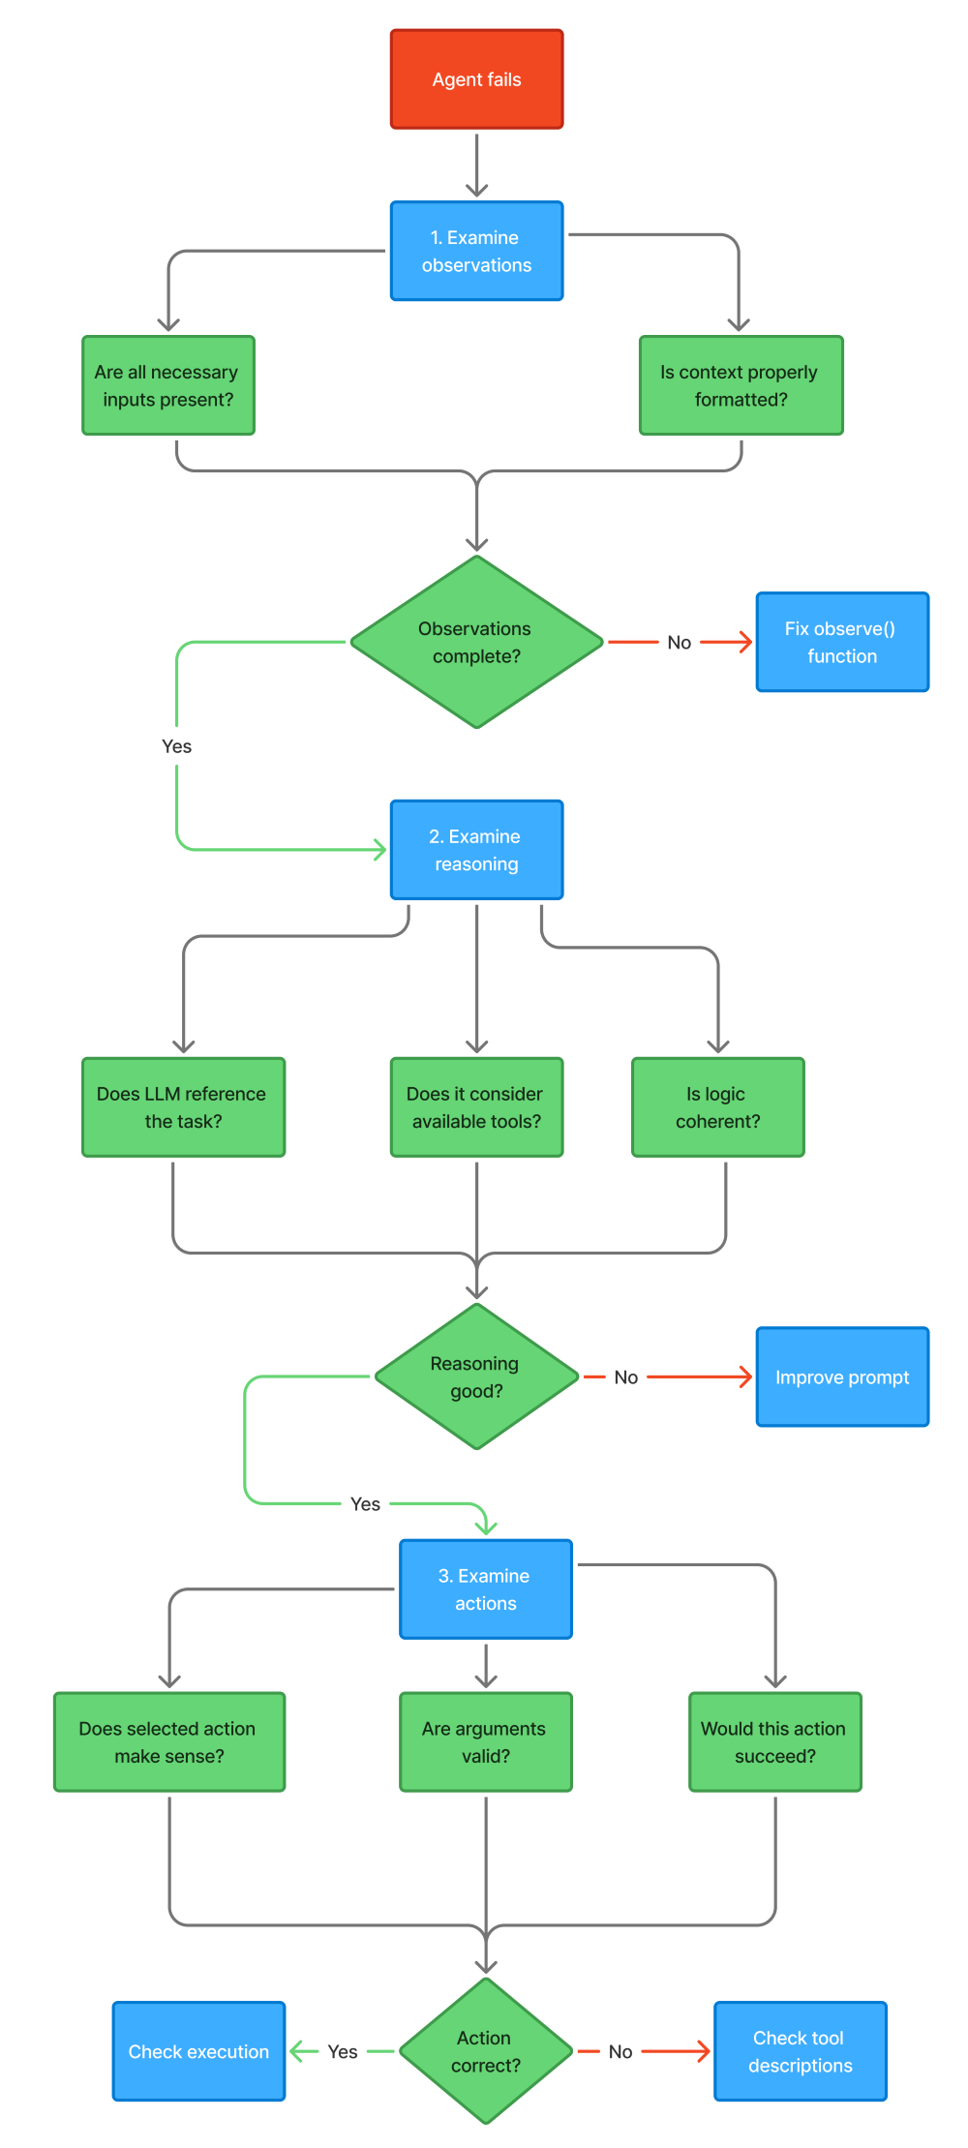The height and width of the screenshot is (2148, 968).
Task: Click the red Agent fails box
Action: [476, 79]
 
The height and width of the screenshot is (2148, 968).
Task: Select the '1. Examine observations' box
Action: [476, 251]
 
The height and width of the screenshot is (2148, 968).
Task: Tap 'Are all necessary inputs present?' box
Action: [168, 385]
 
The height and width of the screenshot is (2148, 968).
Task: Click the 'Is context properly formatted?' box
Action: [741, 385]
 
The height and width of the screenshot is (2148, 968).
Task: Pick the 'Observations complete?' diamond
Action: [476, 642]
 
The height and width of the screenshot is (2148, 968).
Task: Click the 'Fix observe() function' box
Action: [842, 642]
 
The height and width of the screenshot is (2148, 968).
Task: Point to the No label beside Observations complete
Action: [679, 643]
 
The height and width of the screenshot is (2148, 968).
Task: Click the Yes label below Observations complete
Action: [176, 746]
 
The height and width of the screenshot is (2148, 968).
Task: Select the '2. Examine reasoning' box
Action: [476, 850]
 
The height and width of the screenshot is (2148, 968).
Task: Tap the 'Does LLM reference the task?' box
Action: [183, 1107]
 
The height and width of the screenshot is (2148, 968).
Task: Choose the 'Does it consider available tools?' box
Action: [476, 1107]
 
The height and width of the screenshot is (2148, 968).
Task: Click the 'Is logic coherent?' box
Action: [717, 1107]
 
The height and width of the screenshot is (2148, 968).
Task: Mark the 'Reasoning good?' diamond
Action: [476, 1377]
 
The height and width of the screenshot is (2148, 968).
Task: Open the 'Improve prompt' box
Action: [842, 1377]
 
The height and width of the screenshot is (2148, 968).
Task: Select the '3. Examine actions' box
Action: [486, 1589]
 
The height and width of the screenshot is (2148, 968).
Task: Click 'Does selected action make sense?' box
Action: [169, 1741]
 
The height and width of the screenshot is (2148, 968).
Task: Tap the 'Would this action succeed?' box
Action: [774, 1741]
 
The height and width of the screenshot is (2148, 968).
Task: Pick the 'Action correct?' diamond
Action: [486, 2051]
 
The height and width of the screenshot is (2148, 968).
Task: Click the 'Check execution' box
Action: [198, 2051]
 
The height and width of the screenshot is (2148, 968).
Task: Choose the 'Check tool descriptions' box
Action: [800, 2051]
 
